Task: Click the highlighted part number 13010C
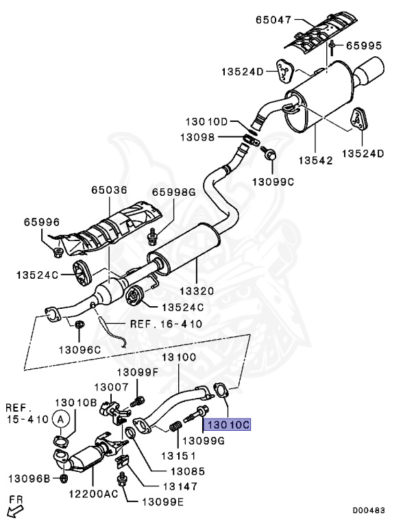pyautogui.click(x=228, y=425)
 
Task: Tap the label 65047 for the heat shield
pyautogui.click(x=273, y=20)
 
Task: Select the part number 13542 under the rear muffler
pyautogui.click(x=315, y=160)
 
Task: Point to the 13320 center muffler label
pyautogui.click(x=197, y=290)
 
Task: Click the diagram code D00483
pyautogui.click(x=369, y=510)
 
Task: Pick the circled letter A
pyautogui.click(x=61, y=419)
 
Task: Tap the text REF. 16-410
pyautogui.click(x=167, y=324)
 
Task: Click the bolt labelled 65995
pyautogui.click(x=332, y=47)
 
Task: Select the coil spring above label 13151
pyautogui.click(x=175, y=427)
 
